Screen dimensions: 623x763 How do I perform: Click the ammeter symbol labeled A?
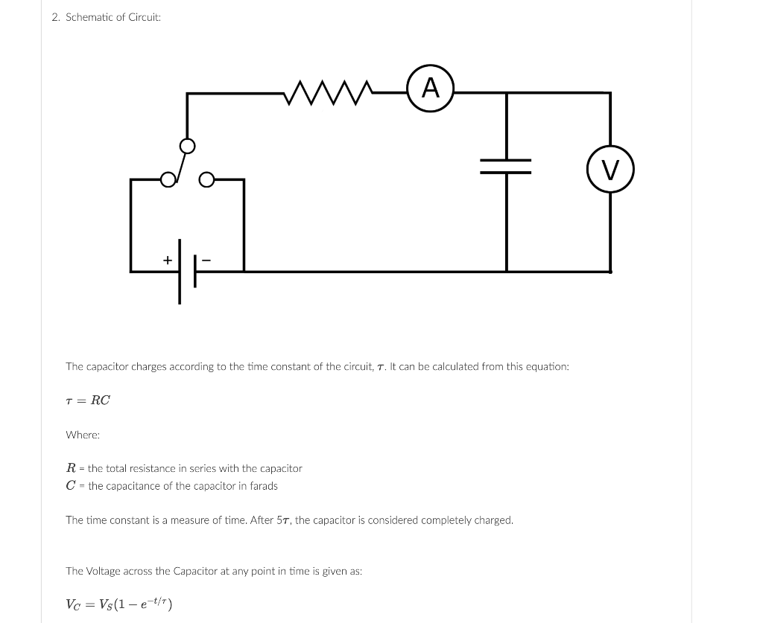431,89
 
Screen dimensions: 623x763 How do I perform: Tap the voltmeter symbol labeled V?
610,170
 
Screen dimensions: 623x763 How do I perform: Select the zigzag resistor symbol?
329,93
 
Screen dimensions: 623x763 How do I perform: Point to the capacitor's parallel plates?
506,166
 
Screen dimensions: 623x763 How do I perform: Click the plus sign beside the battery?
168,260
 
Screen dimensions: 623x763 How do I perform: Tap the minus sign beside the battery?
206,260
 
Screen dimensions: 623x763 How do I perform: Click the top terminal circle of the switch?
188,145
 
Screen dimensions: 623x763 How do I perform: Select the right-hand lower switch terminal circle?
206,179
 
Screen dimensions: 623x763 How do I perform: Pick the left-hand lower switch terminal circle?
168,179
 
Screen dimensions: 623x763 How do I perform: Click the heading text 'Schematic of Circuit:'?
113,17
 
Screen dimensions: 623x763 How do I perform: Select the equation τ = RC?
88,400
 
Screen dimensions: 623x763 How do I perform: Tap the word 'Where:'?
83,435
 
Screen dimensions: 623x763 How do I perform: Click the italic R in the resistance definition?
71,468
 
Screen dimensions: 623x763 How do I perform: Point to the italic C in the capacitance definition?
71,486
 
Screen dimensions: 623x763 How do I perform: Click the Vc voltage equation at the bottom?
119,604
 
